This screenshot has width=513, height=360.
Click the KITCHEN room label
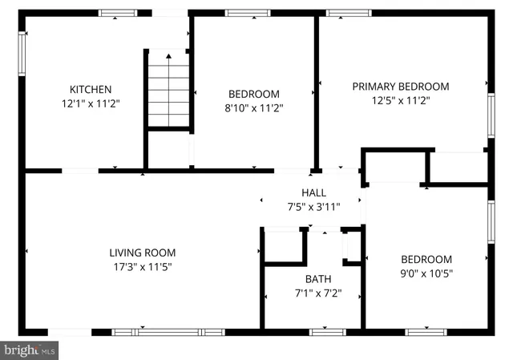click(90, 89)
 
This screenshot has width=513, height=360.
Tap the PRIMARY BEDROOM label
click(401, 87)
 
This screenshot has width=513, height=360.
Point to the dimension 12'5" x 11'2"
click(401, 101)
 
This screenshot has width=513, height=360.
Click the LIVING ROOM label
click(143, 253)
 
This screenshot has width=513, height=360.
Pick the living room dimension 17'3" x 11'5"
click(143, 267)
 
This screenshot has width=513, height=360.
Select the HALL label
click(313, 192)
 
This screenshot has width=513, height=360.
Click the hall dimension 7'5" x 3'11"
click(313, 206)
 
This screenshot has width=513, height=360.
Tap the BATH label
click(318, 279)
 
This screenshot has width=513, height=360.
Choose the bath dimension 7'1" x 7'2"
click(318, 293)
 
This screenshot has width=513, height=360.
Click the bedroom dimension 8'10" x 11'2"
click(254, 107)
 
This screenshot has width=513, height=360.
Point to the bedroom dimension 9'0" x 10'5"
click(426, 273)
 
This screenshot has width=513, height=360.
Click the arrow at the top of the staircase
click(168, 56)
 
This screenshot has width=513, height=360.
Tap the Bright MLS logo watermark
click(30, 350)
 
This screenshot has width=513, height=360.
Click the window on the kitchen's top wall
click(117, 13)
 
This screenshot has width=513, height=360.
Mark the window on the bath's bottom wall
click(327, 331)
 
